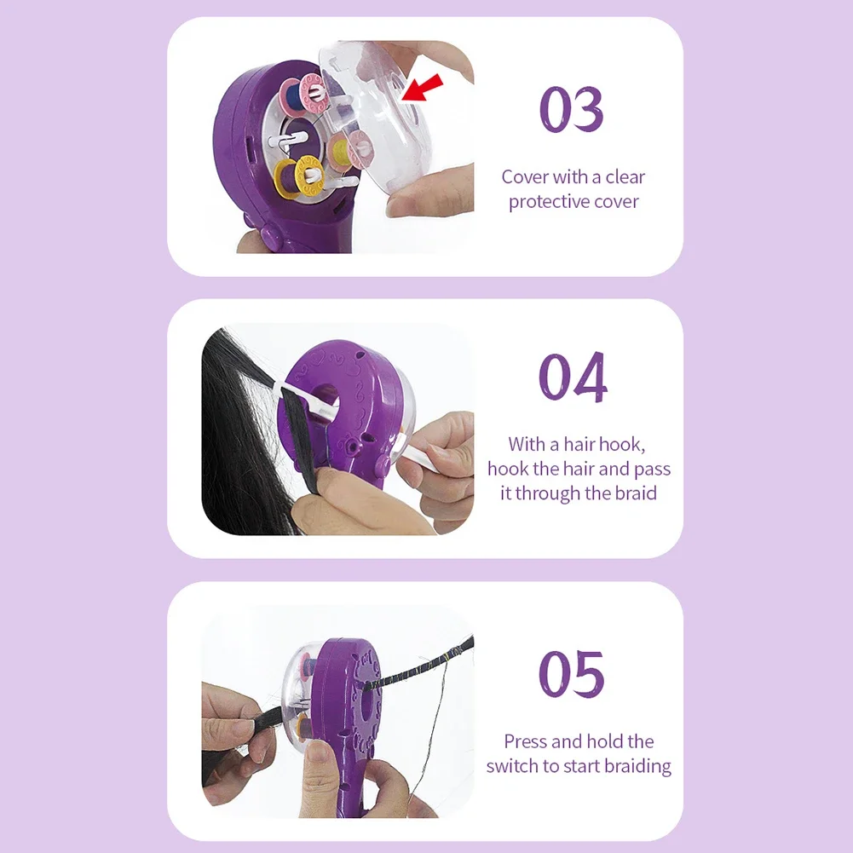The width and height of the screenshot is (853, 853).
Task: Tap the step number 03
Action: click(572, 109)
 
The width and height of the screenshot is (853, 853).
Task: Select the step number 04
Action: click(573, 378)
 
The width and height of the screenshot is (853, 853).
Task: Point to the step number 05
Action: click(572, 673)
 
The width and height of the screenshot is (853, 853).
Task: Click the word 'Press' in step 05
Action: click(526, 741)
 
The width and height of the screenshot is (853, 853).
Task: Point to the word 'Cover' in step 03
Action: click(525, 177)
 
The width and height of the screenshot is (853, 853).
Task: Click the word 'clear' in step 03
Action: click(625, 177)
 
